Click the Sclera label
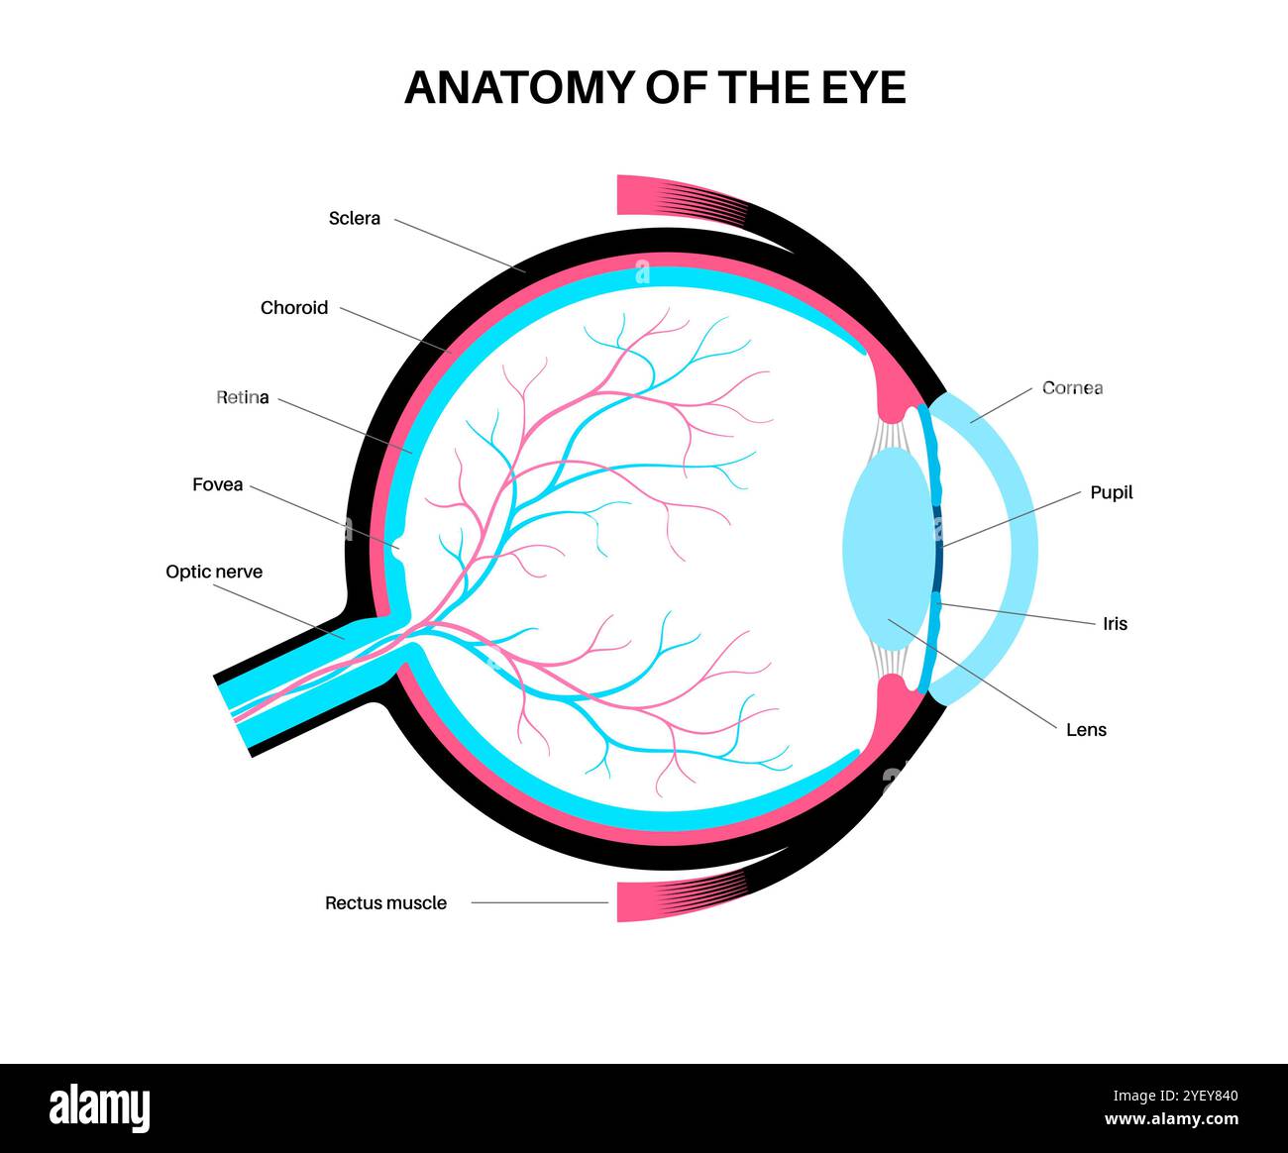354,218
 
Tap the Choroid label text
293,308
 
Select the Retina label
243,398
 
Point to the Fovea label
217,485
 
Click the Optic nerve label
214,572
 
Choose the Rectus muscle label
385,903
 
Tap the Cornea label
1072,388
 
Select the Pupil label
1111,492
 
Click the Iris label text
1115,624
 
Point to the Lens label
1086,730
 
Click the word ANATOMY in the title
520,88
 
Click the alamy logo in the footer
100,1107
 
